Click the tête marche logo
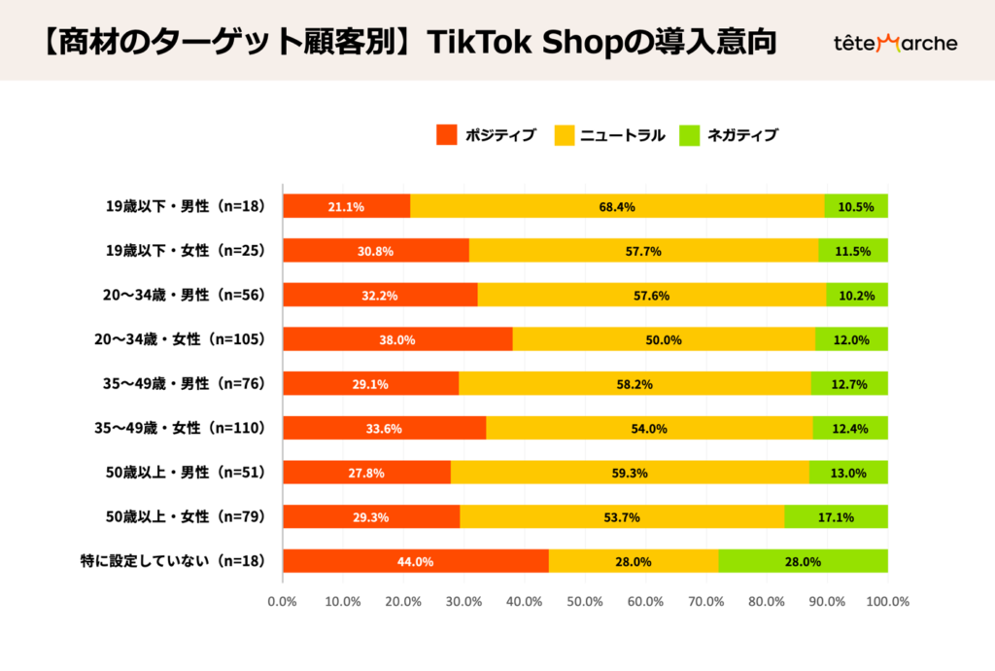click(x=895, y=43)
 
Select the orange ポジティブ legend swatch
click(x=446, y=135)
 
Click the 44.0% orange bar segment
click(x=415, y=561)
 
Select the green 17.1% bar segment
click(x=836, y=516)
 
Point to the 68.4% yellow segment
click(x=617, y=206)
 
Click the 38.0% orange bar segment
click(x=397, y=339)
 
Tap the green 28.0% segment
click(x=803, y=561)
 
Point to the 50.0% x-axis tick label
click(x=585, y=601)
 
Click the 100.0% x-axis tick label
click(x=886, y=601)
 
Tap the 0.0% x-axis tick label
click(x=282, y=601)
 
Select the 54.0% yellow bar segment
click(x=649, y=428)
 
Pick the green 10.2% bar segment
click(x=856, y=295)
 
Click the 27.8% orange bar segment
click(x=366, y=473)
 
